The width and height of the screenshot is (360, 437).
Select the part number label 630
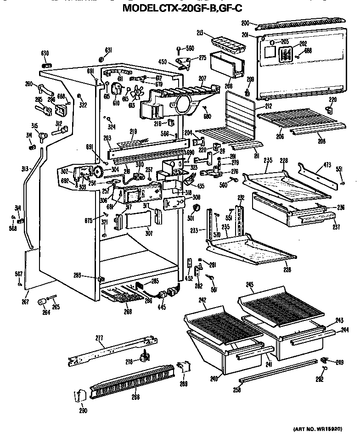tap(45, 54)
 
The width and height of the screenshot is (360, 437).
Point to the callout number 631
tap(108, 50)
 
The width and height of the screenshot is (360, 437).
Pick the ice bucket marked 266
tap(225, 64)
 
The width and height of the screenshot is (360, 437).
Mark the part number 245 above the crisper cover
tap(249, 285)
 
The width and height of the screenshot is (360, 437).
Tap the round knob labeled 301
tap(198, 209)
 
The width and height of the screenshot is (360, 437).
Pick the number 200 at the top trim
tap(245, 22)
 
